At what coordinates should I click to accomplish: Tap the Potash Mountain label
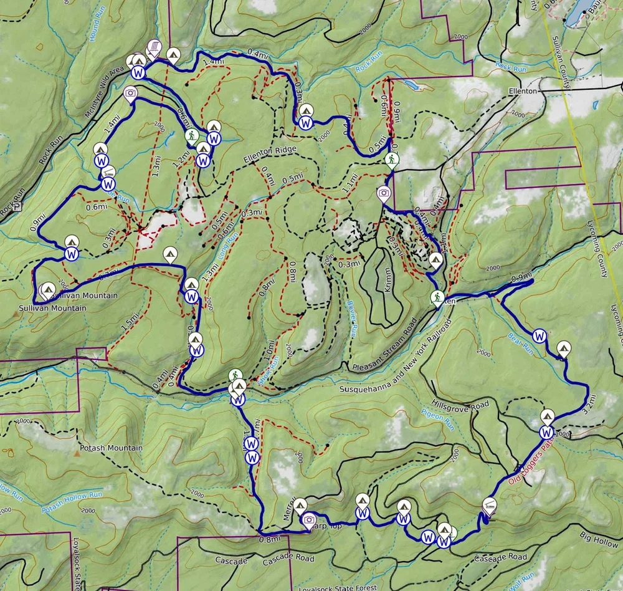(x=111, y=448)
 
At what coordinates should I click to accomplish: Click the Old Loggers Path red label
(x=531, y=463)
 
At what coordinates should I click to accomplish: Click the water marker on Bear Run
(x=540, y=335)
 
